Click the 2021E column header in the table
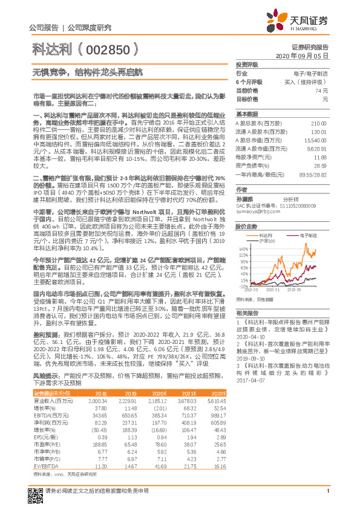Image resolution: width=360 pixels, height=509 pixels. coord(189,393)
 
